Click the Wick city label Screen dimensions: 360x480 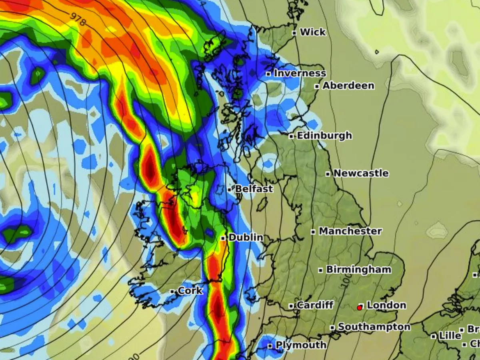point(313,32)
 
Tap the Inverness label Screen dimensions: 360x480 point(300,74)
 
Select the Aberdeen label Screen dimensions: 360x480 point(348,86)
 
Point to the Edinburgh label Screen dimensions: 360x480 point(324,136)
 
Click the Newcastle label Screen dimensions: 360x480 point(361,173)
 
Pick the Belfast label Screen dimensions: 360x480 point(254,189)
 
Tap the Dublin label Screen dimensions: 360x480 point(246,238)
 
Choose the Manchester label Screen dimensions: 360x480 point(350,231)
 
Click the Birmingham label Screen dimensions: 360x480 point(358,270)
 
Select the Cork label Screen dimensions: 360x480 point(190,291)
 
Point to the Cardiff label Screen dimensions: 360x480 point(315,305)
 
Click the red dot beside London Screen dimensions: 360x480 point(360,308)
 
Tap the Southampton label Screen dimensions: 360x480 point(374,327)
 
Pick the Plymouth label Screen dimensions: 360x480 point(301,345)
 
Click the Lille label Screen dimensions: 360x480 point(450,336)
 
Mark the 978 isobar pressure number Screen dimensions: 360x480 point(78,19)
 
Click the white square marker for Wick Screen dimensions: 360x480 point(294,33)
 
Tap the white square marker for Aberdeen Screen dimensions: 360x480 point(317,86)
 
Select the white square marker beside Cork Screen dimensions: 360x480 point(172,292)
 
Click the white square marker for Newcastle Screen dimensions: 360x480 point(328,174)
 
